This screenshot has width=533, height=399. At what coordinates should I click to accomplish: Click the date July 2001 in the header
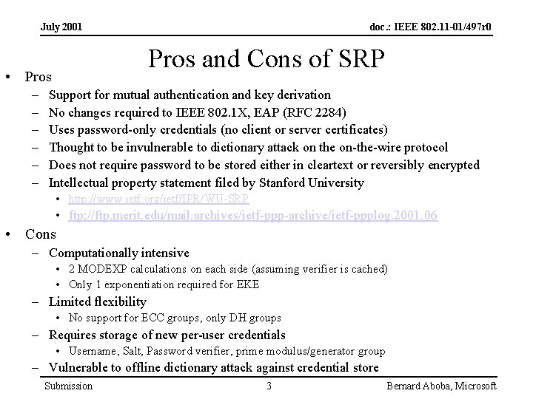[61, 27]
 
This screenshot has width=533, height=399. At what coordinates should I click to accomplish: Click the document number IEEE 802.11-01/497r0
[431, 27]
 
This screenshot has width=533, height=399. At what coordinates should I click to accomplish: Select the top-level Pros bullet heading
[38, 76]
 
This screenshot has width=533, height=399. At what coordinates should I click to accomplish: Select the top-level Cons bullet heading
[41, 234]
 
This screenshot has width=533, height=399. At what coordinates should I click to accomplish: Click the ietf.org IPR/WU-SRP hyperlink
[158, 199]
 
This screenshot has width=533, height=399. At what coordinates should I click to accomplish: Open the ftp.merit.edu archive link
[252, 216]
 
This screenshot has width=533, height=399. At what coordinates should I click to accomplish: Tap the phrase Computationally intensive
[118, 253]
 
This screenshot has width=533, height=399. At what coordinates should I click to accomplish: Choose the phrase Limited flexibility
[98, 301]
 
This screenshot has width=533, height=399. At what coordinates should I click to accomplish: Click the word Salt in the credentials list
[135, 351]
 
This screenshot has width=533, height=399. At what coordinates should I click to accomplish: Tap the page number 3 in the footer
[269, 386]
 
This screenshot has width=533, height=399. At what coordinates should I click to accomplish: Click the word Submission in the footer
[69, 386]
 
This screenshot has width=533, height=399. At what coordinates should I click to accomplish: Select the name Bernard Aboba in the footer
[418, 386]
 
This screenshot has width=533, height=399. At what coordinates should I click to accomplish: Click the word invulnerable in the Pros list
[147, 147]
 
